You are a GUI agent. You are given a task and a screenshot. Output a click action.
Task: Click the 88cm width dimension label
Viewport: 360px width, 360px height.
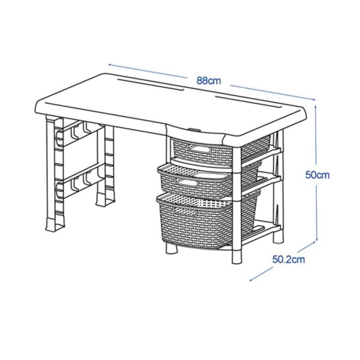click(209, 81)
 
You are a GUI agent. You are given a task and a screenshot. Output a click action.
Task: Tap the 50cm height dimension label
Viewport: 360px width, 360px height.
click(317, 175)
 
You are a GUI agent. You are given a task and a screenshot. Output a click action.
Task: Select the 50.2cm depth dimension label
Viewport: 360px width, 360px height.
click(288, 260)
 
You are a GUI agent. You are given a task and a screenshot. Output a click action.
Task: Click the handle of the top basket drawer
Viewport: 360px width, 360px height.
click(199, 149)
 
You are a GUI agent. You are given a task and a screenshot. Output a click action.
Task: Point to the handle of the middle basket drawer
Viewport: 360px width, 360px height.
click(186, 183)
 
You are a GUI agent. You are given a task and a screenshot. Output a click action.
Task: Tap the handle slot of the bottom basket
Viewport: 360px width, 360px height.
click(185, 211)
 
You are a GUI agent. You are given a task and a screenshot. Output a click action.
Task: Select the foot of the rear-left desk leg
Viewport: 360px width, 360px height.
click(105, 199)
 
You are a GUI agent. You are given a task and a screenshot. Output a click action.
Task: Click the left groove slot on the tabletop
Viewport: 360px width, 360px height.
click(150, 85)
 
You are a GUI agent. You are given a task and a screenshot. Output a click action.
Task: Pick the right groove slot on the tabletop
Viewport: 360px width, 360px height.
click(248, 102)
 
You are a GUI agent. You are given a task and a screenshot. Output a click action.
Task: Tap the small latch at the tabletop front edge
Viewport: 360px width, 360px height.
click(194, 130)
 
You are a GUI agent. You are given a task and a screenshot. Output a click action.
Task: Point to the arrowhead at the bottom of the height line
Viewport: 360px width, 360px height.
click(316, 239)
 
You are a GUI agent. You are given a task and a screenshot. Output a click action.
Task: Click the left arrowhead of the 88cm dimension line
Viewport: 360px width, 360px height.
click(111, 65)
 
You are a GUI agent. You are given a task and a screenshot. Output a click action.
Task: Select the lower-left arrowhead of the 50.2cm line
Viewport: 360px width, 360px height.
click(252, 279)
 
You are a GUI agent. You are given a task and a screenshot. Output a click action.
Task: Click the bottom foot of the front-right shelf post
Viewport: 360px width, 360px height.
click(237, 256)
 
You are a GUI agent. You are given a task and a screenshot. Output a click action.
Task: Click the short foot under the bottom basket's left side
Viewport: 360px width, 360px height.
click(171, 248)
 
